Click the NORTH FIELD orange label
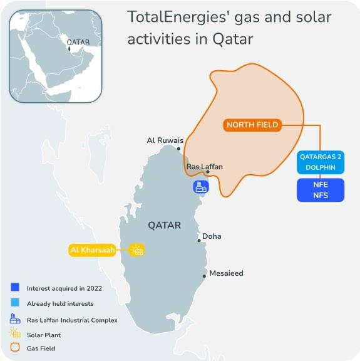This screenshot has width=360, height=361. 252,125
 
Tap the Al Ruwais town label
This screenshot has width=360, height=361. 165,140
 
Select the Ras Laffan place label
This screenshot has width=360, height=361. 204,167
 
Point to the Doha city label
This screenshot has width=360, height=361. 212,236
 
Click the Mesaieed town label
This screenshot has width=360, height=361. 226,273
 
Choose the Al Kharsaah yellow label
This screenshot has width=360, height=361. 96,251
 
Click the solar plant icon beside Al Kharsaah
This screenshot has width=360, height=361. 136,251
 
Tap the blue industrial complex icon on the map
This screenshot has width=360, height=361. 201,187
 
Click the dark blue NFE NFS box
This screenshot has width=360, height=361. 321,191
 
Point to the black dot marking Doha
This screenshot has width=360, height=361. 199,239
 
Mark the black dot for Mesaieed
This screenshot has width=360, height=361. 204,275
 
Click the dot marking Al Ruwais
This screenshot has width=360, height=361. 179,149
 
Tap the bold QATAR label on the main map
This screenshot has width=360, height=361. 164,225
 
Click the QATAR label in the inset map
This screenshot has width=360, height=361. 78,43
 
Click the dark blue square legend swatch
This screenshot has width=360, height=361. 15,288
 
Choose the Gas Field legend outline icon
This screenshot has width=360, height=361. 15,347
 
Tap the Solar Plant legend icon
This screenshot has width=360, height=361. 15,333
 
